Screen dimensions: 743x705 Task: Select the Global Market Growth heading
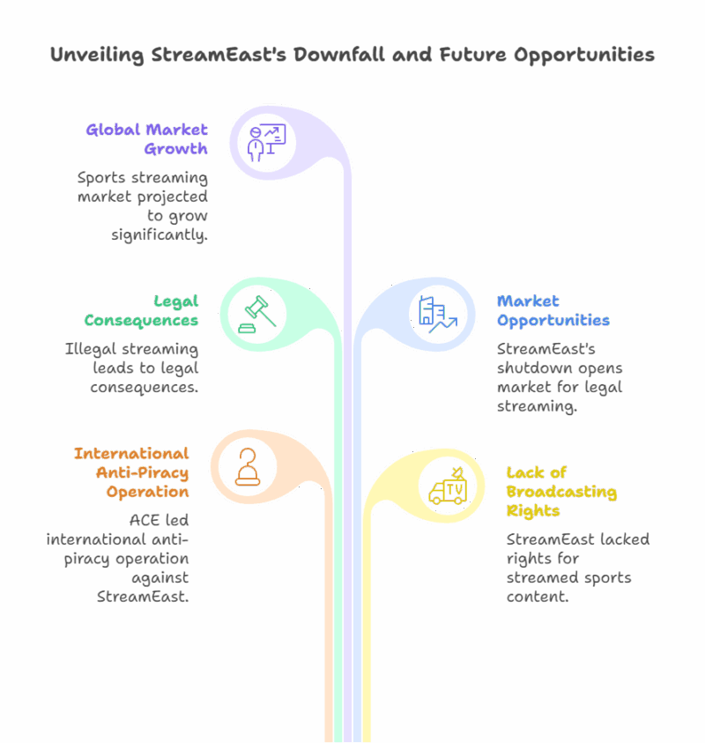pyautogui.click(x=146, y=139)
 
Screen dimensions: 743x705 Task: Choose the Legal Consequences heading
pyautogui.click(x=141, y=310)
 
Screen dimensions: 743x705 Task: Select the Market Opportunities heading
pyautogui.click(x=553, y=310)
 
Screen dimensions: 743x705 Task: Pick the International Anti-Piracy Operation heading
pyautogui.click(x=131, y=472)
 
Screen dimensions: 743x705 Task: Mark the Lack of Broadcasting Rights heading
pyautogui.click(x=560, y=492)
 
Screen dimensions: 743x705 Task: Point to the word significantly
pyautogui.click(x=160, y=235)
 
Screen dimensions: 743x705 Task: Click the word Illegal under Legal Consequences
pyautogui.click(x=87, y=349)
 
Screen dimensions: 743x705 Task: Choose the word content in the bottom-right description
pyautogui.click(x=538, y=597)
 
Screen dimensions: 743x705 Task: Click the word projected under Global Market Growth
pyautogui.click(x=165, y=197)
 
